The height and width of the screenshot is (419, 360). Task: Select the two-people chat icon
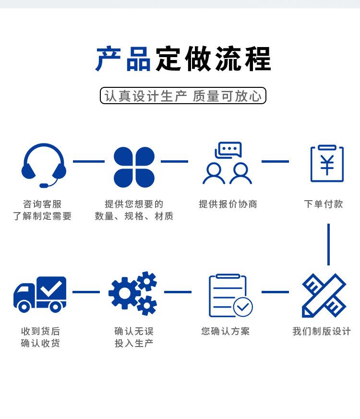point(228,163)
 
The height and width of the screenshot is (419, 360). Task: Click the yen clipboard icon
point(327,164)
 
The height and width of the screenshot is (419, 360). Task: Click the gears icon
point(133,293)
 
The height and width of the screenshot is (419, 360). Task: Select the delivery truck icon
point(40,294)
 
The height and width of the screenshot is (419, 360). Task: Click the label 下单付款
point(324,204)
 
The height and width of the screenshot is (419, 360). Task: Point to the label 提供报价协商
point(228,204)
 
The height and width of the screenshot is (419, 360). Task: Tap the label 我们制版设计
point(322,331)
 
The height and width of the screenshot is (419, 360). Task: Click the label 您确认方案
point(226,331)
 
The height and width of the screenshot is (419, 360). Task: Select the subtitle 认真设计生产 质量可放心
point(183,96)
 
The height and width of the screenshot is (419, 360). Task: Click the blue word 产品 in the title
point(123,60)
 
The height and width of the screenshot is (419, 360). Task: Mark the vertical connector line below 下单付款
point(328,244)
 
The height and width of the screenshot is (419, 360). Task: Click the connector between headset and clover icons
point(89,162)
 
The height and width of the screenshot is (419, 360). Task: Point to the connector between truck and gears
point(86,292)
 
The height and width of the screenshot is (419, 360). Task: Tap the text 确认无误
point(134,331)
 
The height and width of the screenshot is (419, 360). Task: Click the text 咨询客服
point(42,204)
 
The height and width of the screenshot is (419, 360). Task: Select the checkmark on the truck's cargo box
point(52,288)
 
